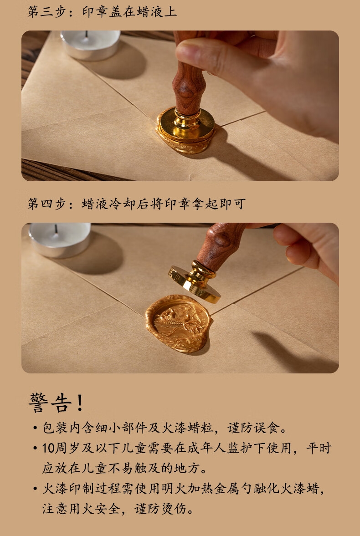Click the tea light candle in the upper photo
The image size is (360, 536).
91,45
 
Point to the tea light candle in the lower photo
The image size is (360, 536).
60,239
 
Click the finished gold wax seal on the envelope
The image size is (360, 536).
178,323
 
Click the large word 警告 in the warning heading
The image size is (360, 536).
50,403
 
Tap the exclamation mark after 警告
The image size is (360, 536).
80,403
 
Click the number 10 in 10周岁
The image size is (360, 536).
48,448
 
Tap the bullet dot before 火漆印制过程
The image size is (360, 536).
35,489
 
